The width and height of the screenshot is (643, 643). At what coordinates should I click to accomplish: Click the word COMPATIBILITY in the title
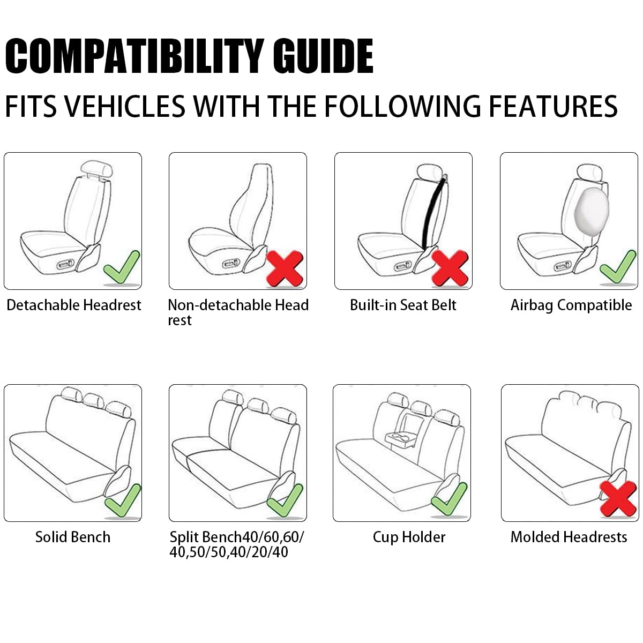coord(134,56)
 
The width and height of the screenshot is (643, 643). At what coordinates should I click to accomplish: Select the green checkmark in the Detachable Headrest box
coord(122,268)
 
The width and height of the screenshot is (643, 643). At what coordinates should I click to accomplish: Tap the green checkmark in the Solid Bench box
coord(123,501)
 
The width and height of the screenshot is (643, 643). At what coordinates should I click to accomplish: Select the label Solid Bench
coord(73,537)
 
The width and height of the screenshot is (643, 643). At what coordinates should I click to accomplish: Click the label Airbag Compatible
coord(571,305)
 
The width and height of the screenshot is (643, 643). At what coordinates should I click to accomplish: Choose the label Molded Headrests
coord(569,537)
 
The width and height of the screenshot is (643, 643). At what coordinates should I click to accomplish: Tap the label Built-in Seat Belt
coord(403,305)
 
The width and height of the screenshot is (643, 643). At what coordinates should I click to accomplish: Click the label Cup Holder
coord(409,537)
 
